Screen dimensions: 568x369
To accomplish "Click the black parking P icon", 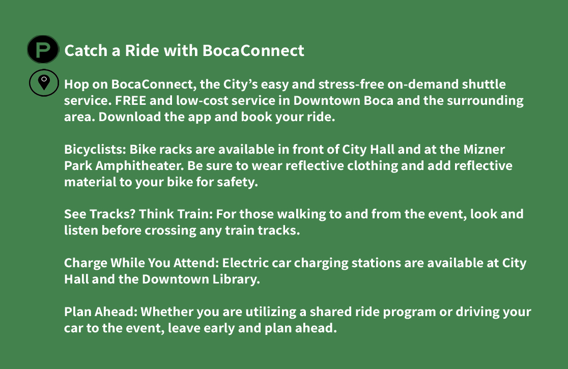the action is coord(43,49).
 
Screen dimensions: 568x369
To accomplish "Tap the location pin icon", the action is coord(44,82).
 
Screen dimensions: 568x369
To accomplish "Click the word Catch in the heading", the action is coord(86,50).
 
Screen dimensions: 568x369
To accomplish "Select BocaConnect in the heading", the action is coord(253,50).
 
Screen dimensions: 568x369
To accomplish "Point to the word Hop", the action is coord(76,84).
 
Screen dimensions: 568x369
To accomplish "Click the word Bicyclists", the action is coord(95,150).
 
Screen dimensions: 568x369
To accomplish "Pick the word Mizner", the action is coord(484,149).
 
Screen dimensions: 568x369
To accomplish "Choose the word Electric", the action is coord(245,263).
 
